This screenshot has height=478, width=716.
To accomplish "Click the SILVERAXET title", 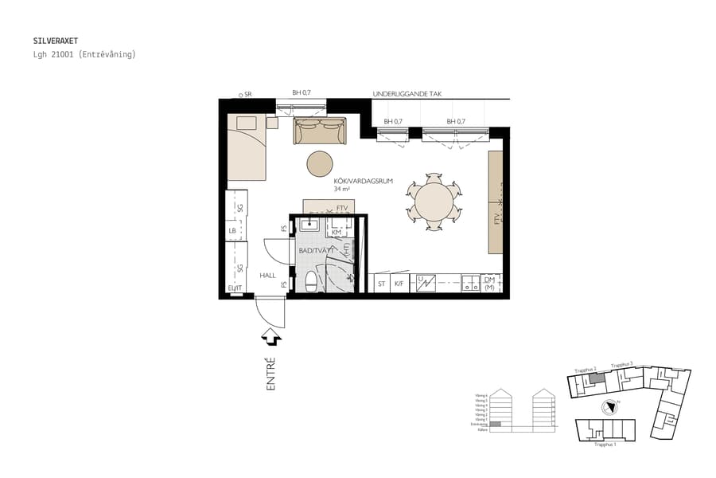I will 55,39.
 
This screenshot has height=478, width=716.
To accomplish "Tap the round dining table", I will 434,202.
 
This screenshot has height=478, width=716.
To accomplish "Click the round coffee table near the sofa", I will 321,163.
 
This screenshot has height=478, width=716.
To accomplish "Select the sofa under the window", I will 320,131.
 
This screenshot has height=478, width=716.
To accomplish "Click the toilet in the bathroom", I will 311,281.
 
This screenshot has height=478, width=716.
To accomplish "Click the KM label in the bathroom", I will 337,232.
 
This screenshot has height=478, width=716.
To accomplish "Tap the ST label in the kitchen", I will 382,283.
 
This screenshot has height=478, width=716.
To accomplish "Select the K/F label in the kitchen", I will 399,283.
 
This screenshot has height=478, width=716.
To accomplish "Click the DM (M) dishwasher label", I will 489,283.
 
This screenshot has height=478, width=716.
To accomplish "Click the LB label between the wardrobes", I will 232,232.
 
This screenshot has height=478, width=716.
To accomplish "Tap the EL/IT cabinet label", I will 234,288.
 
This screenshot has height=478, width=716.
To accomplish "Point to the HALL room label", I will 267,275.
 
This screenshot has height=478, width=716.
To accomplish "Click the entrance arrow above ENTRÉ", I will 271,339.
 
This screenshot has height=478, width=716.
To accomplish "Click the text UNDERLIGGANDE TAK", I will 407,94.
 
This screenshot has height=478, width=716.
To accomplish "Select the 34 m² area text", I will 342,190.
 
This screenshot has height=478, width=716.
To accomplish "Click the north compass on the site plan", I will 611,406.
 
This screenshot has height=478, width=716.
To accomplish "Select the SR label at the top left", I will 247,94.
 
